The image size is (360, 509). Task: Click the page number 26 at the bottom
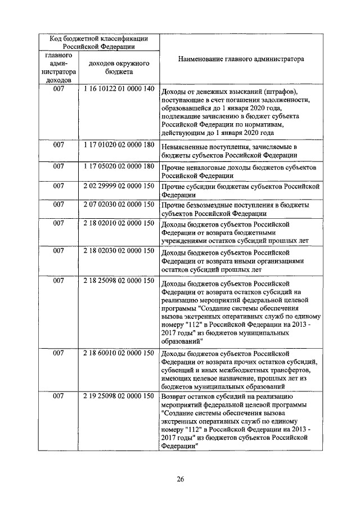tap(180, 479)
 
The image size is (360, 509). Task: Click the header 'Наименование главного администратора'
tap(241, 58)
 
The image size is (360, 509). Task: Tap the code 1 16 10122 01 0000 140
tap(118, 89)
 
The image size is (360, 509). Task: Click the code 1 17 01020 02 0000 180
tap(118, 145)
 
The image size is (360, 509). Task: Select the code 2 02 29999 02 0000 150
tap(118, 185)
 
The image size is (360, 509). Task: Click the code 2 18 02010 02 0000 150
tap(118, 223)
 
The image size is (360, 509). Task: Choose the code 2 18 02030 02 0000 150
tap(118, 250)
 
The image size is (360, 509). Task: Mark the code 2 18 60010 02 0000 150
tap(118, 353)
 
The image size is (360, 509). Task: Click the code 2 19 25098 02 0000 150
tap(118, 397)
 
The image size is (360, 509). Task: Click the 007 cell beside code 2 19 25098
tap(58, 397)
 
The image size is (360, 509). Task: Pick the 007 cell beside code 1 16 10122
tap(58, 89)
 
